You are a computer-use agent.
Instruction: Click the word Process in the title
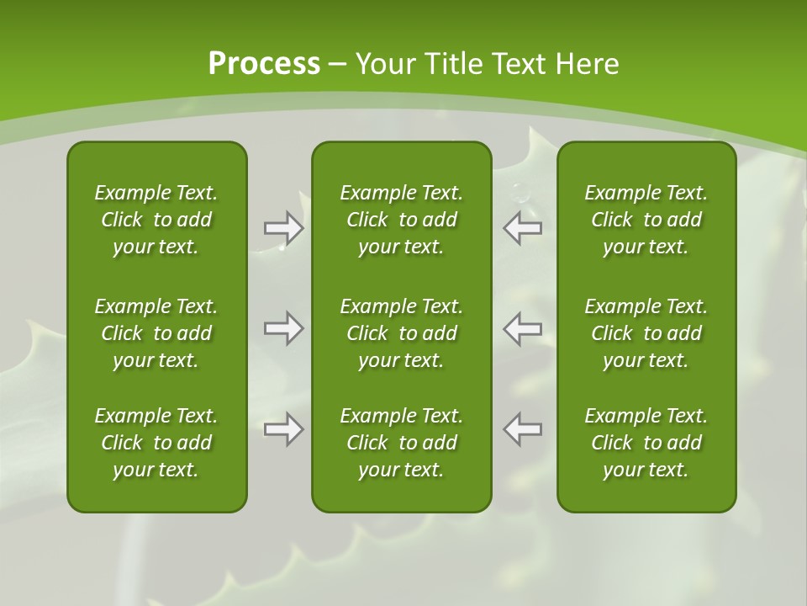point(264,64)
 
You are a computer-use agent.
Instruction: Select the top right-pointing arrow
point(283,227)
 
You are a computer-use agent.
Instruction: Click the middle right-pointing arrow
point(283,328)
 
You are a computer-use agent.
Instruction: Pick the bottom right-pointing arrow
point(283,429)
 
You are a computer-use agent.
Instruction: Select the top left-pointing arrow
point(523,227)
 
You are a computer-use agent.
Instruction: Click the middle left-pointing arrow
point(523,328)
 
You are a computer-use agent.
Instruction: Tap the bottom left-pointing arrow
point(523,429)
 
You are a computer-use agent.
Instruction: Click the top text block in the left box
point(156,220)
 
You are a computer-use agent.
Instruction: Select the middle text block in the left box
point(156,333)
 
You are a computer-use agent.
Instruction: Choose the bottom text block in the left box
point(156,443)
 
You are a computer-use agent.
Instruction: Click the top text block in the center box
point(401,220)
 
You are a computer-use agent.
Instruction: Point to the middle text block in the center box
point(401,333)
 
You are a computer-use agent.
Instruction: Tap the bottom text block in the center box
point(401,443)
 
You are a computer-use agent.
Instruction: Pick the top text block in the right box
point(646,220)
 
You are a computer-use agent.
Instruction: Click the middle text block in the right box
point(646,333)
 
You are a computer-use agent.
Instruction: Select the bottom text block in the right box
point(646,443)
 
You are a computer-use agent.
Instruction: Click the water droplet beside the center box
point(520,193)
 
